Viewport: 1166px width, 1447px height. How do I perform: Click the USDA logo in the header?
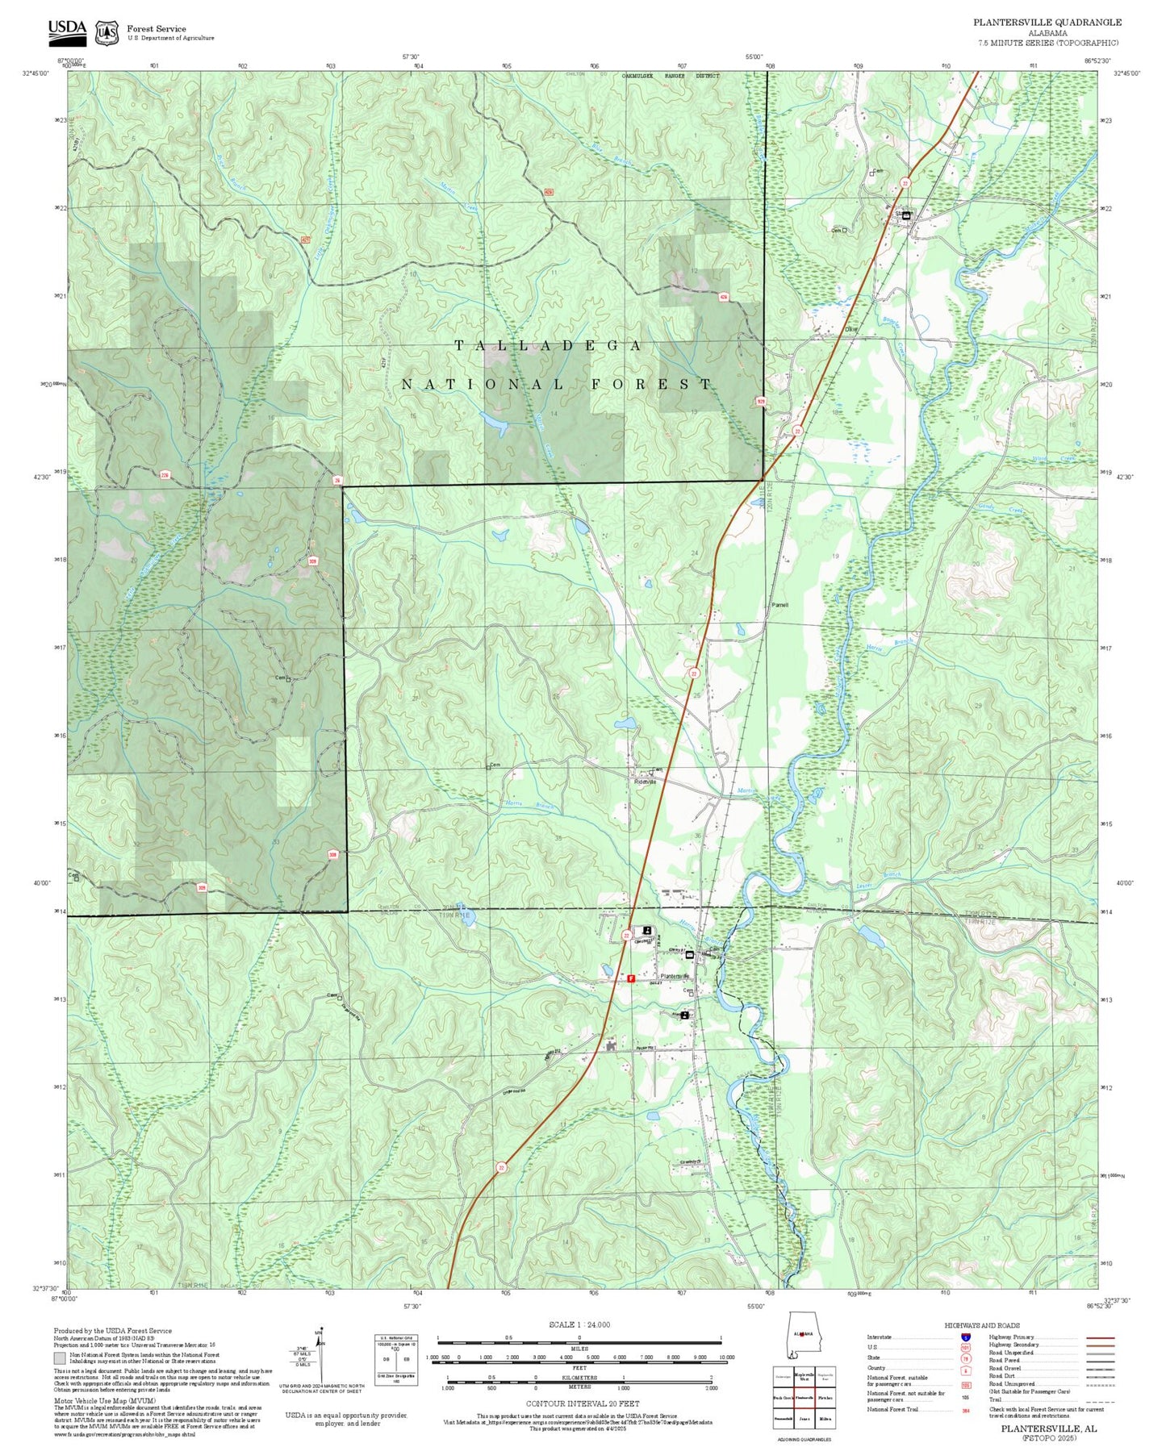click(x=67, y=31)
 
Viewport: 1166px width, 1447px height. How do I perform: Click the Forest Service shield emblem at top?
click(x=107, y=33)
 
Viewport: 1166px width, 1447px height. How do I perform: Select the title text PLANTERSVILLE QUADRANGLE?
click(x=1047, y=22)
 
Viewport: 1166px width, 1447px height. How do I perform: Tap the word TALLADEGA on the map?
click(x=549, y=346)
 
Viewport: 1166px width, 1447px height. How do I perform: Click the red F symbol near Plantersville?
click(x=631, y=978)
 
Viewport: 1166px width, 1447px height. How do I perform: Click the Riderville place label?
click(x=646, y=782)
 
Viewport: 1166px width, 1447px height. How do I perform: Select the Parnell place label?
click(x=779, y=605)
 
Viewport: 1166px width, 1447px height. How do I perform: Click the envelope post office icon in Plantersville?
click(x=690, y=954)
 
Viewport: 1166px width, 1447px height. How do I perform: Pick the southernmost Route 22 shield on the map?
click(x=501, y=1167)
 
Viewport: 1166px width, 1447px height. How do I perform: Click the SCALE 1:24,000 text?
click(x=579, y=1324)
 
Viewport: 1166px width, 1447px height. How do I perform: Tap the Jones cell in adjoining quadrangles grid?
click(x=804, y=1417)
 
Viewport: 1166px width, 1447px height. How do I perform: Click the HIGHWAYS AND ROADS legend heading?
click(x=982, y=1325)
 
